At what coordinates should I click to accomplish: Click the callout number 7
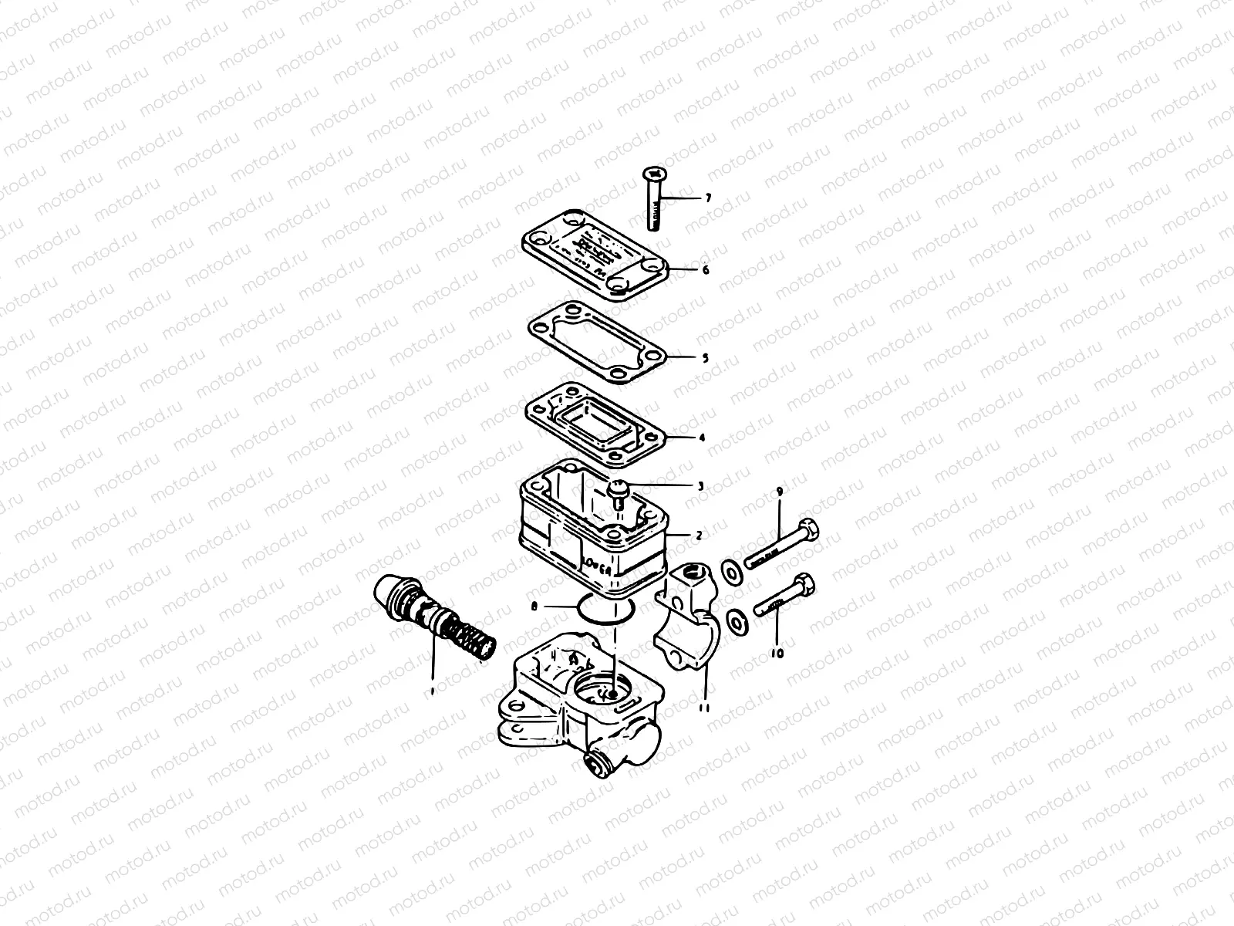[x=707, y=198]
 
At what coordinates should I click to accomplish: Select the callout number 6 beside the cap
[x=704, y=270]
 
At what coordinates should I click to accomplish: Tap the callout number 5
[x=704, y=357]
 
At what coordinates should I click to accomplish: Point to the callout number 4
[x=702, y=438]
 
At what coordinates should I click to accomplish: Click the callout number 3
[x=700, y=486]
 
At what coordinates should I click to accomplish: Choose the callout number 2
[x=699, y=534]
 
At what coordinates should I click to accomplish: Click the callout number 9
[x=779, y=491]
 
